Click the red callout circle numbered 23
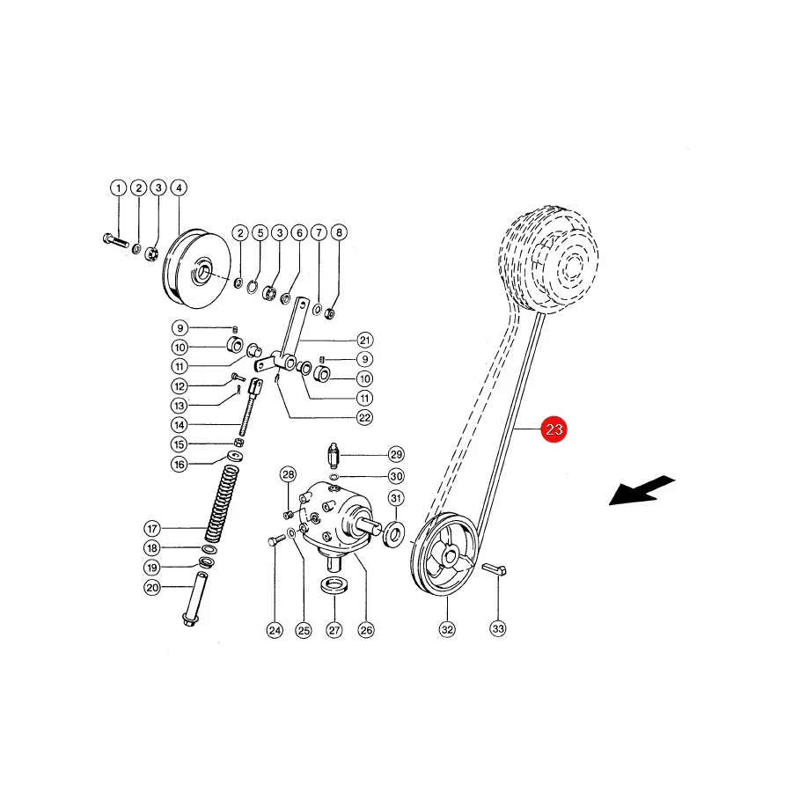(x=554, y=429)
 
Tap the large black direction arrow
(x=642, y=490)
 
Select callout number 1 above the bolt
(x=118, y=188)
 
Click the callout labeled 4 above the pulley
(x=179, y=188)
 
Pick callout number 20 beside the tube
(x=152, y=588)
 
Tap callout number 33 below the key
(x=498, y=629)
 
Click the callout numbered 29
(x=396, y=455)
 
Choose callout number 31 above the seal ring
(x=396, y=499)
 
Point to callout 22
(x=364, y=418)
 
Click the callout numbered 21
(x=364, y=340)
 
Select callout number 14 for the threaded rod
(x=180, y=425)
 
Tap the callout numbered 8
(x=339, y=232)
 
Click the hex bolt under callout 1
(x=115, y=240)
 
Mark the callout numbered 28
(x=289, y=474)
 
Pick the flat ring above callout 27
(x=334, y=586)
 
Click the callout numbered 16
(x=180, y=464)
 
